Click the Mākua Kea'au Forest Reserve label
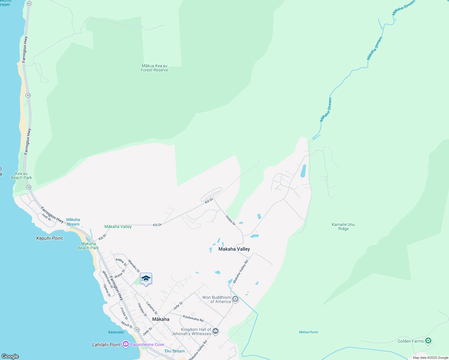(x=154, y=68)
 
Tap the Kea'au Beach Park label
(x=21, y=175)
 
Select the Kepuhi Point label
(x=50, y=238)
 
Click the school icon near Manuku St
(x=146, y=279)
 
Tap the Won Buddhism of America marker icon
(x=235, y=299)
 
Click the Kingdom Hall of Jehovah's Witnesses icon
(x=215, y=331)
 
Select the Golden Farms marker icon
(x=428, y=341)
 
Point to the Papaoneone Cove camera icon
(x=126, y=344)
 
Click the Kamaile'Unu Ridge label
(x=343, y=226)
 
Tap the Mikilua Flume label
(x=309, y=332)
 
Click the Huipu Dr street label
(x=231, y=220)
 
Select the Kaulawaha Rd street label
(x=193, y=318)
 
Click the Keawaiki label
(x=116, y=332)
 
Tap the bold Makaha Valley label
(x=234, y=249)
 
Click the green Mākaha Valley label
(x=118, y=226)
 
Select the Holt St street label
(x=47, y=217)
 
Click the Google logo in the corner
(x=10, y=356)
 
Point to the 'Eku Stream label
(x=174, y=351)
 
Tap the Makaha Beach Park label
(x=88, y=246)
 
